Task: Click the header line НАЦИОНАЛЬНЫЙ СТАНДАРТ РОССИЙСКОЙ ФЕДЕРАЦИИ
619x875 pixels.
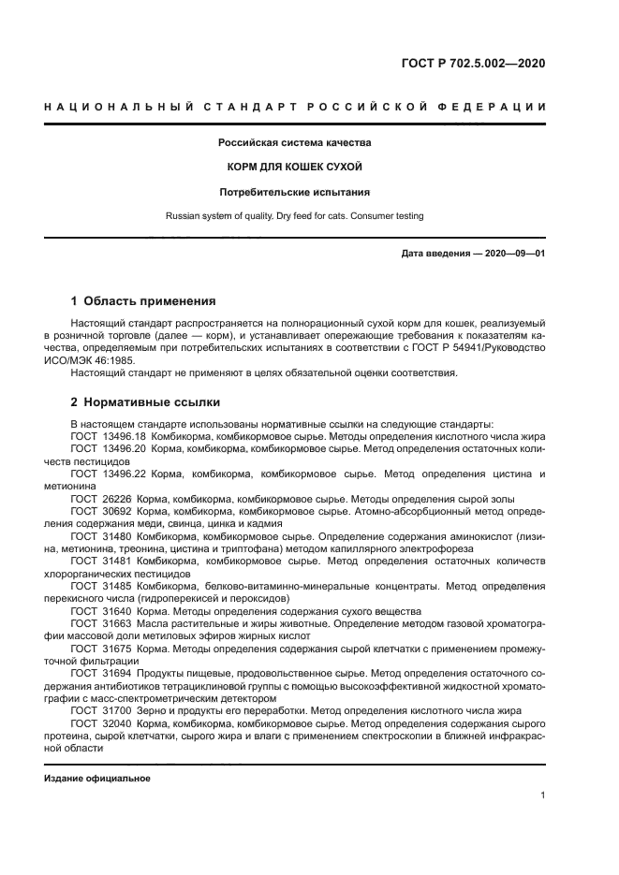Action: [295, 107]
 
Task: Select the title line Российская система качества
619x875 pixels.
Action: [295, 143]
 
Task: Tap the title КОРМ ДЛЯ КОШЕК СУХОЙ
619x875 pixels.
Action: [295, 168]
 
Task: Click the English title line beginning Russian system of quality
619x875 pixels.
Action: [295, 216]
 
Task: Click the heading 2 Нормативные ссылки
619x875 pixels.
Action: [145, 402]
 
